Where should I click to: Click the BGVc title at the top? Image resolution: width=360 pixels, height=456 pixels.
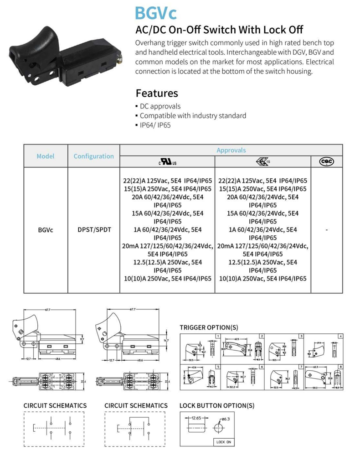155,13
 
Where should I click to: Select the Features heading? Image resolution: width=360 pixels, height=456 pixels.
157,93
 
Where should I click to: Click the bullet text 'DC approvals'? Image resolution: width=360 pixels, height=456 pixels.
160,106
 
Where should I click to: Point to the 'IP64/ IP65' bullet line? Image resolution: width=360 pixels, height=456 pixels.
155,125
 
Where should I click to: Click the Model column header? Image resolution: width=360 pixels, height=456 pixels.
46,156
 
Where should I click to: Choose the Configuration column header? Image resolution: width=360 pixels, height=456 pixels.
93,156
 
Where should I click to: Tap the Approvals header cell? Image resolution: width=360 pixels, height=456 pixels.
231,150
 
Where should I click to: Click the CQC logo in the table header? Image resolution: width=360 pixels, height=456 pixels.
327,162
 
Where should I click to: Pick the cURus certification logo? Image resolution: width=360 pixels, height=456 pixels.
167,162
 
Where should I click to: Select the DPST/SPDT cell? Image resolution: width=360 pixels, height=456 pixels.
93,230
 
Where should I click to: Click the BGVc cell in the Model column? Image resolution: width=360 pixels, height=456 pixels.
46,230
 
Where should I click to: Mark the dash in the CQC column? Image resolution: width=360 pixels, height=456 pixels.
327,230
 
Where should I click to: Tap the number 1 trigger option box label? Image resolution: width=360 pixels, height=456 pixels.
219,336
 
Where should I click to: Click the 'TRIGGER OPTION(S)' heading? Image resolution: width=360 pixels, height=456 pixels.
209,327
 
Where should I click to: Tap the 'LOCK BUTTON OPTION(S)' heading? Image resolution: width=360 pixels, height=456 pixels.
217,405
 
